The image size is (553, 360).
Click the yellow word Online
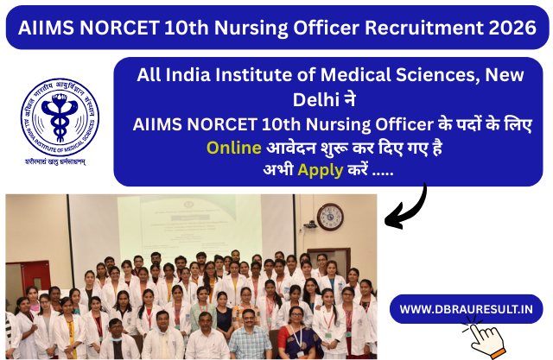coord(233,147)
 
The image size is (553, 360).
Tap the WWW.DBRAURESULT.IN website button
coord(466,307)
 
